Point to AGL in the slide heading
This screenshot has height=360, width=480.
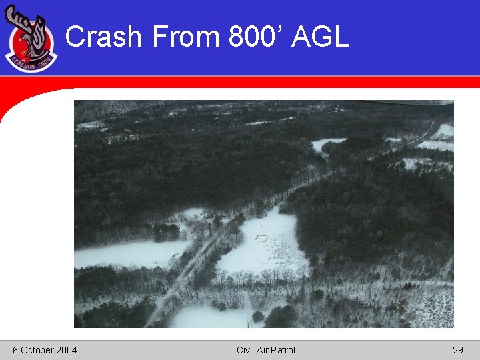point(321,37)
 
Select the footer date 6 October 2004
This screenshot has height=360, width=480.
point(45,350)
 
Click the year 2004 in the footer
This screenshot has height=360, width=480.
point(66,350)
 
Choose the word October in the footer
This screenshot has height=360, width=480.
point(37,350)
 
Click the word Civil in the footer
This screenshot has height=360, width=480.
point(246,350)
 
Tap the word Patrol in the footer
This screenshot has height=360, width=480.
point(283,350)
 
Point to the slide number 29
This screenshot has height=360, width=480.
point(457,350)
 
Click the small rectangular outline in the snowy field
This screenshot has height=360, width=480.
point(262,237)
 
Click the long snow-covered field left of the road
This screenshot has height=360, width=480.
point(127,253)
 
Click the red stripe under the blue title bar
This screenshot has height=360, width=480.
point(267,81)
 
